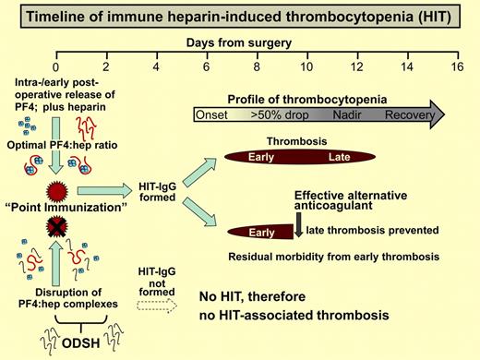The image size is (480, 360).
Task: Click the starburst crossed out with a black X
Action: click(56, 226)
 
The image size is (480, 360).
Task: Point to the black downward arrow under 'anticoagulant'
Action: click(298, 222)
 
